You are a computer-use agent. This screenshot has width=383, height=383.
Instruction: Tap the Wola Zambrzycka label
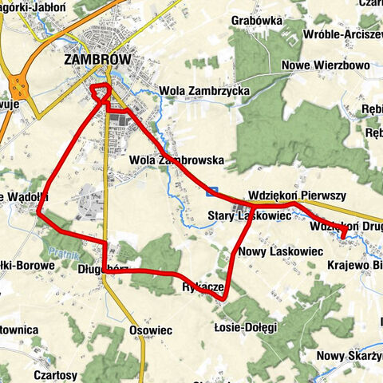pos(204,91)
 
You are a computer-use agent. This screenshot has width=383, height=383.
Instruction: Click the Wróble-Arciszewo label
pos(344,35)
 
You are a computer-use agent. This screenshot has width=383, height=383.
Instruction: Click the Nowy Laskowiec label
pos(280,251)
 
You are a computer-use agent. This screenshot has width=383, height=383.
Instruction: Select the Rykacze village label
pos(201,286)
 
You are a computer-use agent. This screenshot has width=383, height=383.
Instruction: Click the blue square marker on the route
pos(211,191)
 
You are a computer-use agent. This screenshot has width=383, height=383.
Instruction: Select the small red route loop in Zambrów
pos(101,93)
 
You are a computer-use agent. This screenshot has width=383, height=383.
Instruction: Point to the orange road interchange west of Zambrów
pos(16,84)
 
